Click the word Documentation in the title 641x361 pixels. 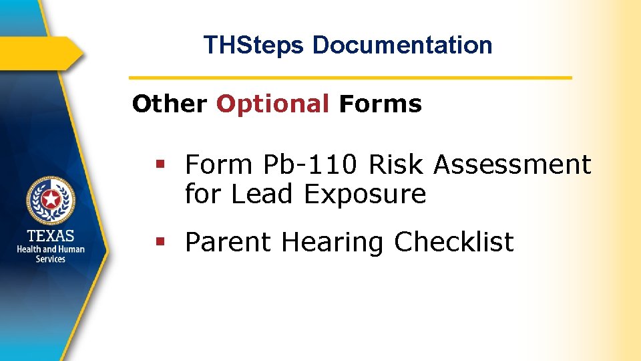[x=402, y=45]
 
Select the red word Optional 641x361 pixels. [x=272, y=104]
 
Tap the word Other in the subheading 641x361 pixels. [x=170, y=104]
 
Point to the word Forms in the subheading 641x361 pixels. [x=381, y=104]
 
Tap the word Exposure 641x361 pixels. [x=365, y=195]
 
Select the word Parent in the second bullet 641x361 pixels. [x=229, y=242]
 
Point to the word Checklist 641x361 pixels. [x=454, y=242]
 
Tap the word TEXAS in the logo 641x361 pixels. [x=51, y=236]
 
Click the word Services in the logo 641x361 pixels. [x=51, y=259]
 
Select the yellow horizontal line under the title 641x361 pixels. [x=350, y=78]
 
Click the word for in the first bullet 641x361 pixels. [x=204, y=195]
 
